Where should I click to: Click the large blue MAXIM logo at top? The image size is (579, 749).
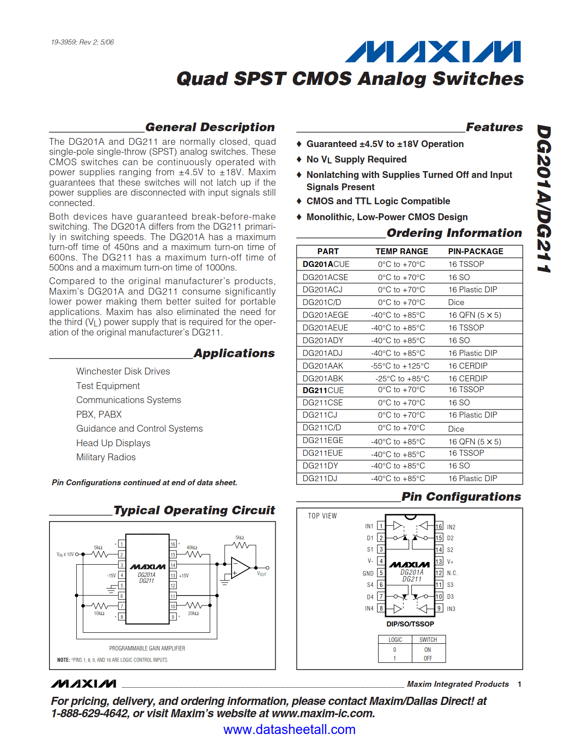pos(433,52)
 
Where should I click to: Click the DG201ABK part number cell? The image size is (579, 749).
pos(323,379)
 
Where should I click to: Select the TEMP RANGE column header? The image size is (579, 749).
pos(401,251)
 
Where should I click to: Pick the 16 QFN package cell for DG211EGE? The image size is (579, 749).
pos(475,442)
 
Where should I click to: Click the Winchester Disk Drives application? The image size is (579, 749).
pos(123,371)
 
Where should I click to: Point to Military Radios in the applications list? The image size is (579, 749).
pos(106,457)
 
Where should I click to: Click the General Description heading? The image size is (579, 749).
pos(210,127)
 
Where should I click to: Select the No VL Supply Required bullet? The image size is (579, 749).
pos(356,159)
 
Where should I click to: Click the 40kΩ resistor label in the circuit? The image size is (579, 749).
pos(192,547)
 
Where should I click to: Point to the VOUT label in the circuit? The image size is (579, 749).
pos(262,574)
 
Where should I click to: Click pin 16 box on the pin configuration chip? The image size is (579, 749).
pos(439,527)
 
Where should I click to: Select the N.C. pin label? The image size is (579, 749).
pos(452,573)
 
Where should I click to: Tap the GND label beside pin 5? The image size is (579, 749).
pos(368,573)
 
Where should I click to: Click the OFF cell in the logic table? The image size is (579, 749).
pos(428,658)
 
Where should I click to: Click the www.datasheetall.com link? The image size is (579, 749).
pos(289,729)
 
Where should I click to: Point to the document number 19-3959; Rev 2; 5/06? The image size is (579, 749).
pos(82,42)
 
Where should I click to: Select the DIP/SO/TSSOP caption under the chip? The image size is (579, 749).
pos(410,624)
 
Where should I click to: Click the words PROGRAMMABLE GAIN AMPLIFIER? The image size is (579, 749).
pos(147,648)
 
